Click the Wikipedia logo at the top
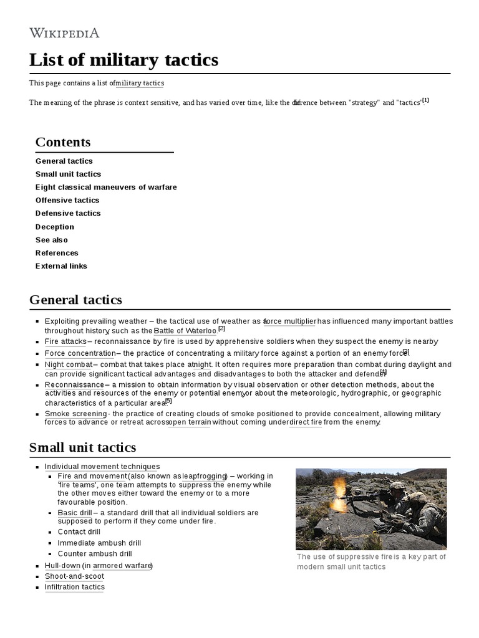[x=64, y=32]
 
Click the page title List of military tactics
[x=123, y=60]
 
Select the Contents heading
[x=63, y=142]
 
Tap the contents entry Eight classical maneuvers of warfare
[x=106, y=187]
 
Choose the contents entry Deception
[x=55, y=227]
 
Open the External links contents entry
[x=61, y=266]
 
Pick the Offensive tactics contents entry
[x=67, y=200]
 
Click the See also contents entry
[x=52, y=240]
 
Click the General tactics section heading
[x=75, y=300]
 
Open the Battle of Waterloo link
[x=185, y=331]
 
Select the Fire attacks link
[x=65, y=341]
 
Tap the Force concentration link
[x=80, y=353]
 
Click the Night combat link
[x=69, y=364]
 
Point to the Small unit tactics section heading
[x=82, y=447]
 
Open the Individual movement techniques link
[x=102, y=466]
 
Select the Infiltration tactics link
[x=75, y=587]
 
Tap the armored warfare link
[x=122, y=566]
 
